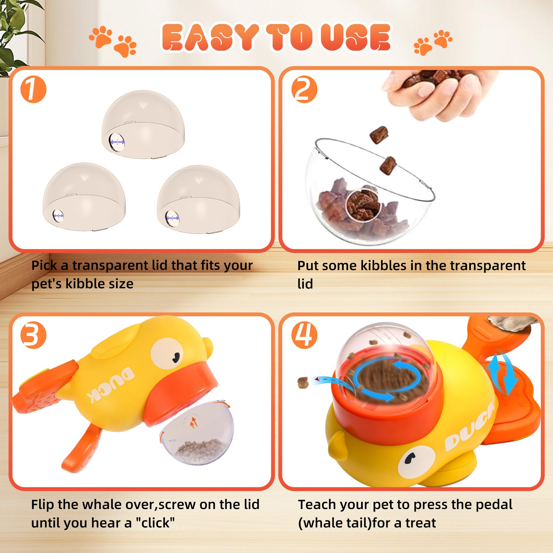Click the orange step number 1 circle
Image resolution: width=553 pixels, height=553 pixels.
[x=33, y=89]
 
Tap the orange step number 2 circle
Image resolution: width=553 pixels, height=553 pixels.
[x=304, y=89]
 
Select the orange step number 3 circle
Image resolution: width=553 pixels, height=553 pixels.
[x=33, y=335]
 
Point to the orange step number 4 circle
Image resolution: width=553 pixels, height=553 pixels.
[x=304, y=335]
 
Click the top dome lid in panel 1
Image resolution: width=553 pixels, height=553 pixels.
[x=143, y=124]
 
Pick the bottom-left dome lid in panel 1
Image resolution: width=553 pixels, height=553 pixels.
[x=84, y=197]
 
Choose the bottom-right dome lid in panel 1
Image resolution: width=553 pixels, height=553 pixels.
[x=199, y=200]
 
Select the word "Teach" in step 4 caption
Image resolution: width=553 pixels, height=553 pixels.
[x=316, y=505]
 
